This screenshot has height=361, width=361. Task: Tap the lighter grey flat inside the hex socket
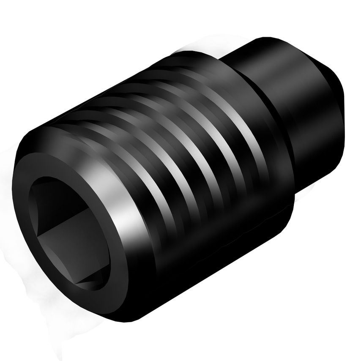coord(76,249)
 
